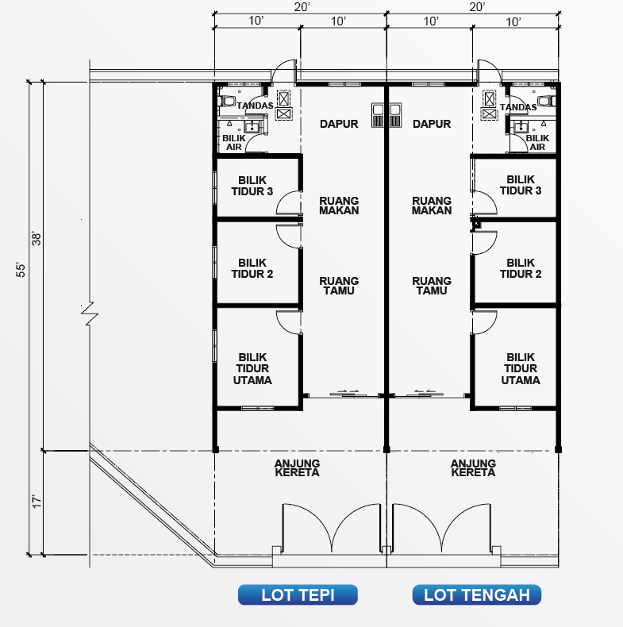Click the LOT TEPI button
pos(298,594)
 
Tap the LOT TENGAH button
pos(477,594)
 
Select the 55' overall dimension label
pos(21,270)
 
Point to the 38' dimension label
pos(36,238)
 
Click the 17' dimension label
pos(37,502)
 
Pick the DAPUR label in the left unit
pos(339,124)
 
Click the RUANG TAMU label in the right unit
pos(432,286)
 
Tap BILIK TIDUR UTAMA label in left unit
pos(252,368)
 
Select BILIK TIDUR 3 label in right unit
pos(521,185)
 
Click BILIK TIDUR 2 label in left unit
pos(252,268)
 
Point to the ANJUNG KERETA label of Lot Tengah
pos(473,467)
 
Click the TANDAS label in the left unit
pos(255,106)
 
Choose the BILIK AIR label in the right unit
pos(537,142)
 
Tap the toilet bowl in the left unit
pos(226,100)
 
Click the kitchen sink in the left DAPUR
pos(378,115)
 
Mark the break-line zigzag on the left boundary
pos(90,313)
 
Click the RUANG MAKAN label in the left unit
pos(339,206)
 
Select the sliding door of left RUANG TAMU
pos(348,394)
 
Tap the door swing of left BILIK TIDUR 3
pos(288,202)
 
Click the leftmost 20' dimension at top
pos(302,7)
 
